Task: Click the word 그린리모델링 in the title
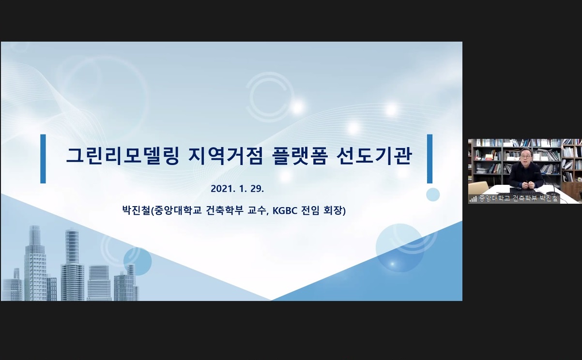click(122, 156)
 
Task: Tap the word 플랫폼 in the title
click(299, 156)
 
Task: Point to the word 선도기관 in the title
click(374, 156)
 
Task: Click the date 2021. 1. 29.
click(237, 189)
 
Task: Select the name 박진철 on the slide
click(136, 210)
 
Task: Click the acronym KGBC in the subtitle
click(285, 210)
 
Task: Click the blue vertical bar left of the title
click(43, 159)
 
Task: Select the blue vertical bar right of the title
click(430, 159)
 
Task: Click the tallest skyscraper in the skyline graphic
click(35, 263)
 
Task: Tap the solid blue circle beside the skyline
click(138, 261)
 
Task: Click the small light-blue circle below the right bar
click(433, 195)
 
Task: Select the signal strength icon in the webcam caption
click(473, 199)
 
